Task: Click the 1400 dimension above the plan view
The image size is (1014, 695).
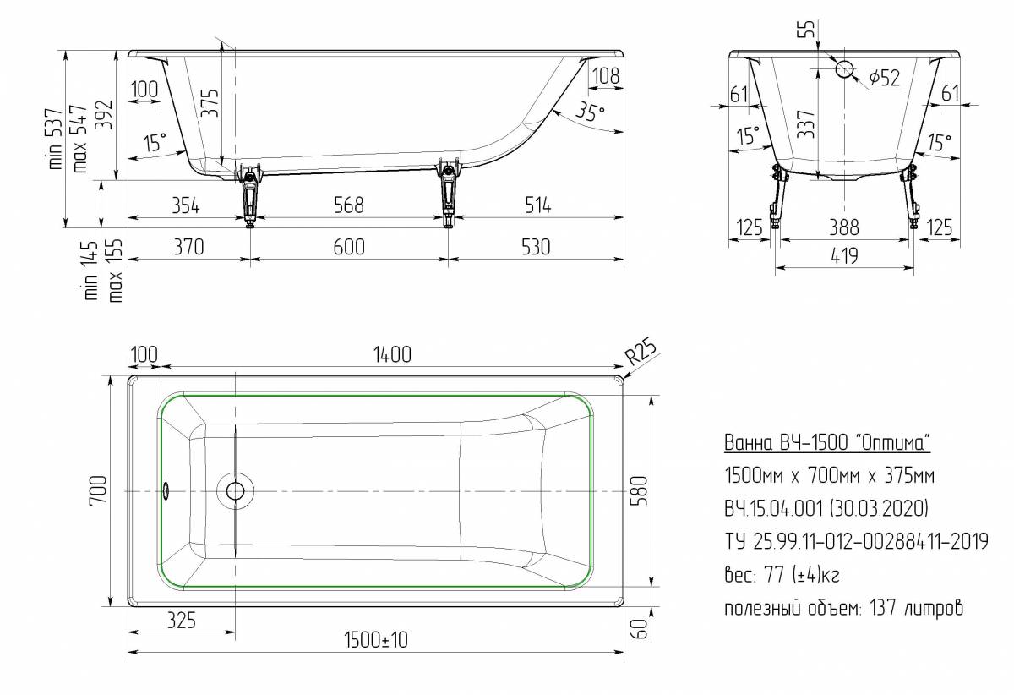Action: tap(392, 354)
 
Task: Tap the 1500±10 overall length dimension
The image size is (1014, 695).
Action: tap(376, 640)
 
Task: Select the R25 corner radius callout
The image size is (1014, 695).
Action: tap(641, 352)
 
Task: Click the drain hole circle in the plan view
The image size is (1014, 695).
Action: tap(235, 491)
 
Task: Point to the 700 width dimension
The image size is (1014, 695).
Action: tap(98, 490)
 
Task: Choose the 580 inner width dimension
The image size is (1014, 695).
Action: tap(639, 490)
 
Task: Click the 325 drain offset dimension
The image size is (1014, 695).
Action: tap(182, 621)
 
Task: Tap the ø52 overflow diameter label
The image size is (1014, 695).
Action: tap(885, 79)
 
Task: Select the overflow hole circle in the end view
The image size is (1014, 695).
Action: tap(844, 69)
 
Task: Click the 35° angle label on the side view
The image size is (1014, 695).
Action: tap(591, 111)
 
